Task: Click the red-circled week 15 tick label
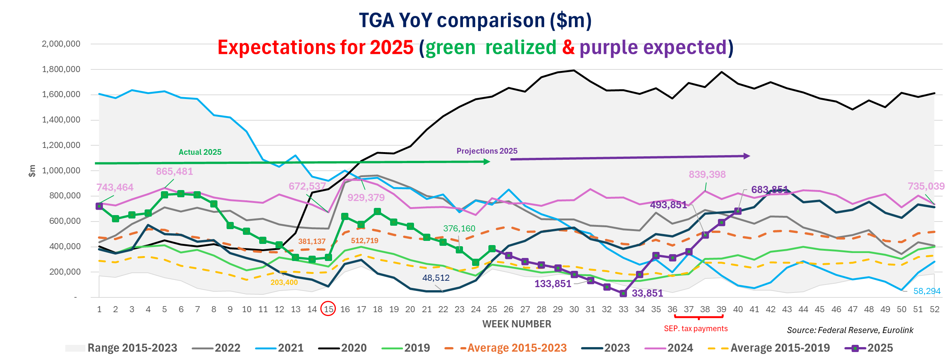click(328, 309)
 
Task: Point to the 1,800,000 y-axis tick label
click(61, 69)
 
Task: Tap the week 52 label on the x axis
click(934, 309)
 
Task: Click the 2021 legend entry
click(280, 348)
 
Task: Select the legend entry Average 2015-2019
click(769, 348)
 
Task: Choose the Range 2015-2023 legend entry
click(121, 348)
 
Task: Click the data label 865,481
click(175, 171)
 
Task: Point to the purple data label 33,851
click(647, 293)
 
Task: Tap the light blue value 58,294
click(927, 291)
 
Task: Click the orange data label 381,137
click(312, 241)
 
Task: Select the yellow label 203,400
click(284, 282)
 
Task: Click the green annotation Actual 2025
click(200, 152)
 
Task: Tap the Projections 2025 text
click(487, 151)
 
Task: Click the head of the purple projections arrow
click(746, 156)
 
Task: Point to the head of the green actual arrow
click(487, 162)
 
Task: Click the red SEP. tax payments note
click(696, 329)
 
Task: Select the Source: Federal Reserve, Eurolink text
click(850, 330)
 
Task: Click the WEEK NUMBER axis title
click(516, 324)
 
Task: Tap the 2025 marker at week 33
click(623, 293)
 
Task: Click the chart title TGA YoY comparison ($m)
click(475, 20)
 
